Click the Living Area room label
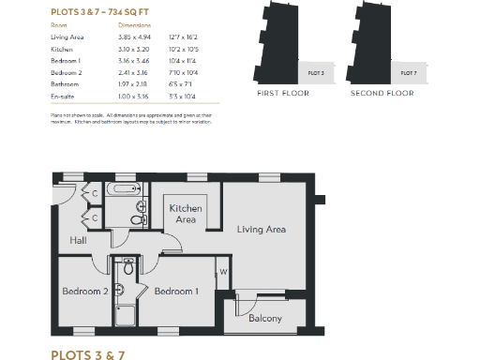point(261,229)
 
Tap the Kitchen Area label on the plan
point(186,214)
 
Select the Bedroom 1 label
point(176,292)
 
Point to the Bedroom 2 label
point(85,292)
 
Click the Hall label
point(79,241)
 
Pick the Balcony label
point(265,319)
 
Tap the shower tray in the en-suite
point(124,314)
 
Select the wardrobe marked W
point(223,273)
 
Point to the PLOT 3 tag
point(316,72)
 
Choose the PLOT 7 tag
point(408,72)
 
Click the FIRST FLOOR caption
point(282,94)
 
